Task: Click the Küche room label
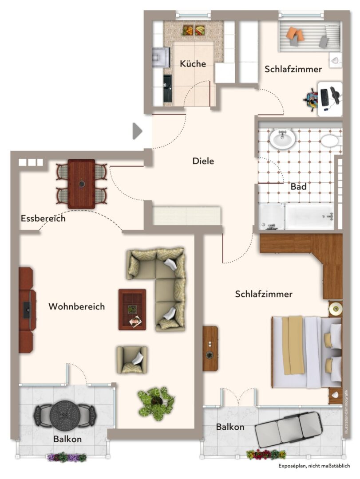[x=193, y=64]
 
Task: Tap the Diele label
[x=203, y=161]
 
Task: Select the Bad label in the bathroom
[x=298, y=187]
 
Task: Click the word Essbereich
[x=43, y=219]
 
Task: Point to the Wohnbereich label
[x=76, y=306]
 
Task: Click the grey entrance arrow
[x=137, y=131]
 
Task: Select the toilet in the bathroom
[x=330, y=141]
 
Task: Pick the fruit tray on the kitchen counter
[x=194, y=30]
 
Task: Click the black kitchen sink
[x=168, y=88]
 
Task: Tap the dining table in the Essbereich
[x=81, y=184]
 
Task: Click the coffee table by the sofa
[x=132, y=309]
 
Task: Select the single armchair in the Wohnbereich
[x=131, y=359]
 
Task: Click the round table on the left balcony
[x=65, y=414]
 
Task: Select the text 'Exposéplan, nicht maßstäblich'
[x=314, y=466]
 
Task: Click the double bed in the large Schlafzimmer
[x=306, y=351]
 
